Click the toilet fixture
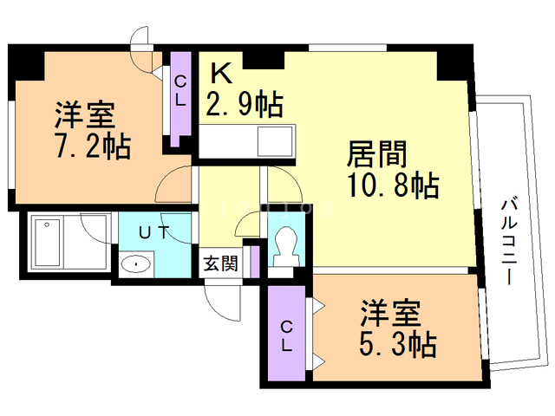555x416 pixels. pos(284,250)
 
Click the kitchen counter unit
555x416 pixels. pos(247,140)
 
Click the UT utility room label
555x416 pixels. pos(154,232)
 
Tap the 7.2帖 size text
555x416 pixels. pos(94,146)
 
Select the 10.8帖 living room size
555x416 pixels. pos(392,185)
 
